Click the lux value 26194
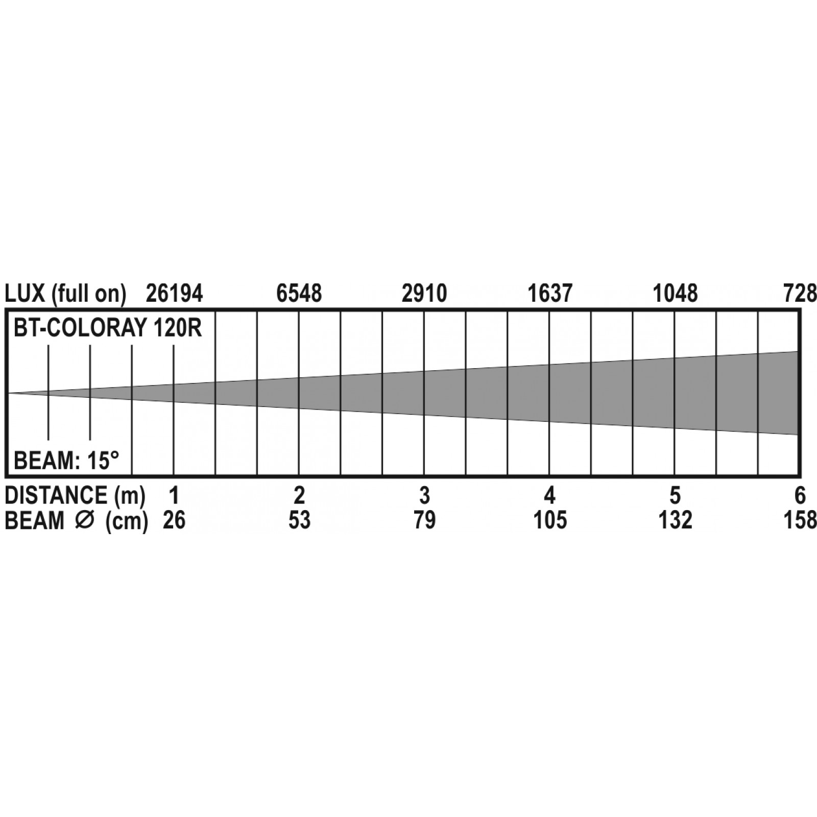(x=175, y=294)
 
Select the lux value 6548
(x=299, y=294)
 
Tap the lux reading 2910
(x=424, y=294)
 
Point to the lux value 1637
(x=550, y=294)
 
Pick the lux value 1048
(x=676, y=294)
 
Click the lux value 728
(x=800, y=294)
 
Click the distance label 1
(x=174, y=495)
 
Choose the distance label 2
(x=299, y=495)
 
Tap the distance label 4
(x=549, y=495)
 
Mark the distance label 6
(x=800, y=495)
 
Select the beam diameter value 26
(x=174, y=520)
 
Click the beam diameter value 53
(x=299, y=520)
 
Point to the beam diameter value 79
(x=424, y=520)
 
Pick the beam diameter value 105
(x=550, y=520)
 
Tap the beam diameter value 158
(x=800, y=520)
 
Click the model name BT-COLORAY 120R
(x=108, y=328)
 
